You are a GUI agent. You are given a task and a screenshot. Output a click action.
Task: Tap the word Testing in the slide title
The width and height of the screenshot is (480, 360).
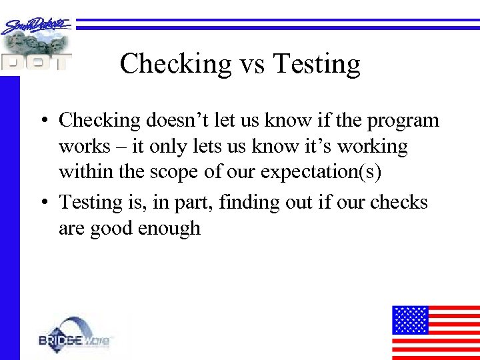pos(317,65)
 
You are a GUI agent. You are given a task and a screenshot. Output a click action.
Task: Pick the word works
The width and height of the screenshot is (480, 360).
pos(84,146)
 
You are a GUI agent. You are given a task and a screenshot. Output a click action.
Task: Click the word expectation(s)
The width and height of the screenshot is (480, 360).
pos(321,172)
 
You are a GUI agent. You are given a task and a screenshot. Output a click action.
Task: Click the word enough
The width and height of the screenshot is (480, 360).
pos(169,228)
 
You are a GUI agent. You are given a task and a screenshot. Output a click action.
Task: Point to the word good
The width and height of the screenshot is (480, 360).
pos(110,228)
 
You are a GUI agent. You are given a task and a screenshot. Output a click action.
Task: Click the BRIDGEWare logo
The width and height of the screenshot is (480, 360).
pos(75,336)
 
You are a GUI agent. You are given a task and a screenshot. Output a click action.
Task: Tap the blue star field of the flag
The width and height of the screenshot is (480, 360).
pos(409,319)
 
